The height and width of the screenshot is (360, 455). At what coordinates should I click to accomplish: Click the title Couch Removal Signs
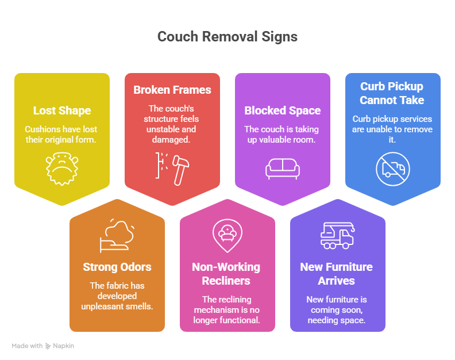227,37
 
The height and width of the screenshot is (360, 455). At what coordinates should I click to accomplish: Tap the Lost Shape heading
62,110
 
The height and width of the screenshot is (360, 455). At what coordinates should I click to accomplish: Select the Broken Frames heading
172,90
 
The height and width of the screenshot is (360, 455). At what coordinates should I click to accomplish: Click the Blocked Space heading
283,110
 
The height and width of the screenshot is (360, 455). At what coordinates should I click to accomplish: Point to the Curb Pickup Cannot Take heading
392,93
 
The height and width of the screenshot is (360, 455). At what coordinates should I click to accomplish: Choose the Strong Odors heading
117,267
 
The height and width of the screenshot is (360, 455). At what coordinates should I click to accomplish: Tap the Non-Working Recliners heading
226,274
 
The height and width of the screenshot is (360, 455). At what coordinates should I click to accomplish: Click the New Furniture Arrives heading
336,274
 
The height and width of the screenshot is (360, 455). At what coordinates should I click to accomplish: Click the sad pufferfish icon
62,169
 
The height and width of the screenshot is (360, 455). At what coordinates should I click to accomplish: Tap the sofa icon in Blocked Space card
283,169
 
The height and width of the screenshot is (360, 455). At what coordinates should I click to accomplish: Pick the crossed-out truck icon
393,169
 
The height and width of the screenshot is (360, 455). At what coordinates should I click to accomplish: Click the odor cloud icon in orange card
117,236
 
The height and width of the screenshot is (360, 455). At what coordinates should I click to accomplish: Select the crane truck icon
337,236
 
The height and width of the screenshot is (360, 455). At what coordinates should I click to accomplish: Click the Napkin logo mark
48,346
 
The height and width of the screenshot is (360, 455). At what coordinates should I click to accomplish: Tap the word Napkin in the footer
64,346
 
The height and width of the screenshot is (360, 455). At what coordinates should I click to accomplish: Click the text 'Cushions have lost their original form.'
61,135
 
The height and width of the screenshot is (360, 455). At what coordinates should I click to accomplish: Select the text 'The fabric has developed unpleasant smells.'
117,296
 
